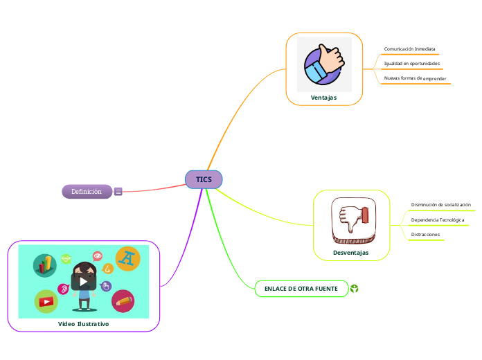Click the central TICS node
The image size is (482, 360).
click(x=204, y=179)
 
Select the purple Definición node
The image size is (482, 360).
click(x=87, y=191)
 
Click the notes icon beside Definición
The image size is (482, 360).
click(x=118, y=192)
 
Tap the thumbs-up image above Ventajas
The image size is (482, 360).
click(x=324, y=64)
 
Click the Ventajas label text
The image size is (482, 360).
click(x=323, y=98)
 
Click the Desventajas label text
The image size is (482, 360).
click(x=351, y=253)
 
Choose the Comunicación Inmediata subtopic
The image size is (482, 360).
click(x=409, y=49)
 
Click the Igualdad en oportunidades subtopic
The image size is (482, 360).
click(x=411, y=64)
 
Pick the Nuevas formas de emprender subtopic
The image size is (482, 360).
click(x=415, y=79)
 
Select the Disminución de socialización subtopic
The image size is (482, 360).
click(x=440, y=205)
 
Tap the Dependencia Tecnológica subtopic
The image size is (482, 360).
click(x=437, y=220)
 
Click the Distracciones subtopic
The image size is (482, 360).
click(x=425, y=235)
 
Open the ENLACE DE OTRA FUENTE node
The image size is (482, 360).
click(x=301, y=288)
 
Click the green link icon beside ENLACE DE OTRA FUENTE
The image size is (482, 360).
click(x=355, y=288)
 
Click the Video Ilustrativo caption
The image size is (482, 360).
click(x=83, y=323)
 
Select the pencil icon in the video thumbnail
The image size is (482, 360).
click(x=123, y=300)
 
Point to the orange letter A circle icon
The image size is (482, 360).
click(x=127, y=258)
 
